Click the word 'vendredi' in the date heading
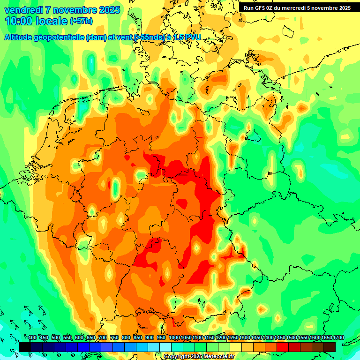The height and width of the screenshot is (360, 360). coord(23,10)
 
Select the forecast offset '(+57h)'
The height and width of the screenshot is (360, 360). coord(81,21)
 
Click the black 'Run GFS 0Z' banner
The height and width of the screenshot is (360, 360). coord(297,8)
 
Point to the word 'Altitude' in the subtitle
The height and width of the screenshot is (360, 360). coord(22,37)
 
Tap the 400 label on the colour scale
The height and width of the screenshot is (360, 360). coord(32,338)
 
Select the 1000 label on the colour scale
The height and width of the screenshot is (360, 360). coord(174,338)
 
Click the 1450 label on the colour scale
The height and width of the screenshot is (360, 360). coord(280,338)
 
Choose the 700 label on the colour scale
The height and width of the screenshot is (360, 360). coord(103,338)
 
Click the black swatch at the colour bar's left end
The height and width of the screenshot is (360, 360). coord(24,347)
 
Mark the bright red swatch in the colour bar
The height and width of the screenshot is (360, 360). coord(283,347)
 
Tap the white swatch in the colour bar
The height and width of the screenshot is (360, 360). coord(165,347)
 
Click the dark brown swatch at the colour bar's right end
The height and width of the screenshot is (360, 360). coord(330,347)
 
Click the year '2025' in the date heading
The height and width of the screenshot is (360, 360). coord(108,10)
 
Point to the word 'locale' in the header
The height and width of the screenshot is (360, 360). coord(51,21)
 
